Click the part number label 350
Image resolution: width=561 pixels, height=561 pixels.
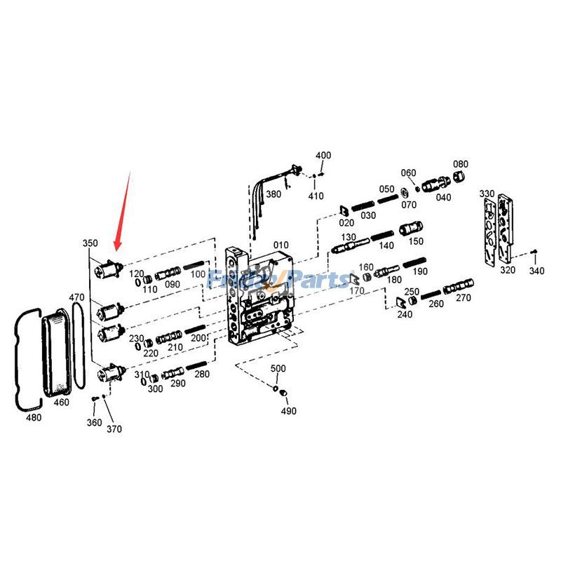pos(90,243)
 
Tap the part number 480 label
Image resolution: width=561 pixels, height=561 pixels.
pos(34,417)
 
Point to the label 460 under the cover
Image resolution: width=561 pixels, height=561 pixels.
pos(62,403)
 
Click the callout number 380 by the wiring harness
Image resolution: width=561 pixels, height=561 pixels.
pos(273,194)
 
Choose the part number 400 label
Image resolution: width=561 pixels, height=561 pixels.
pos(323,155)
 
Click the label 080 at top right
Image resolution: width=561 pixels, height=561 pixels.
pos(460,164)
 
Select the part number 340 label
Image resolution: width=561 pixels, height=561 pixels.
pos(536,271)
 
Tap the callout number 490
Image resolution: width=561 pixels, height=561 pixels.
pos(288,411)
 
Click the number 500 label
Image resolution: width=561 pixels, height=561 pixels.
pos(278,368)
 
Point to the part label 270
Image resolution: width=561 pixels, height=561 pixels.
pos(464,297)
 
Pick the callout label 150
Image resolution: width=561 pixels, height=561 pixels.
pos(416,241)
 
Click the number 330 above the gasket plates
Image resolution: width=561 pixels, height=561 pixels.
pos(487,193)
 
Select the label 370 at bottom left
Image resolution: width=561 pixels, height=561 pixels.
pos(114,428)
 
